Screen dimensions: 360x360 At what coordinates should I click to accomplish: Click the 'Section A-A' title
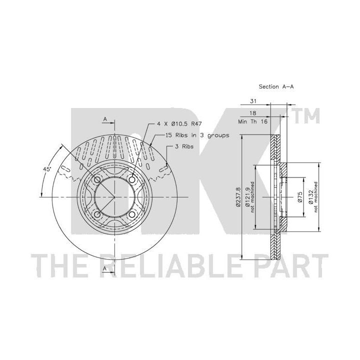coord(276,86)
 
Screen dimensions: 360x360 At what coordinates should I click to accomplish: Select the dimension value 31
coord(253,101)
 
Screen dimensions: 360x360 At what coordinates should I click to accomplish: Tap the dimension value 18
coord(253,113)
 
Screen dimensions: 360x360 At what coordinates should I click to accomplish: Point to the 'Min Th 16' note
coord(253,121)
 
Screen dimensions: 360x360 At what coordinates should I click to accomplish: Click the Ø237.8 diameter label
coord(238,197)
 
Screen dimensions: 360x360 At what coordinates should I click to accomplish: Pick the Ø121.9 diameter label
coord(247,197)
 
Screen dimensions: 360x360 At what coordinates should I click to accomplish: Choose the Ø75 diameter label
coord(300,197)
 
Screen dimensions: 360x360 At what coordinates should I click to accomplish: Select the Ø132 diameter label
coord(310,197)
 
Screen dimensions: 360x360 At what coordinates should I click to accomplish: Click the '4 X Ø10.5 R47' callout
coord(179,124)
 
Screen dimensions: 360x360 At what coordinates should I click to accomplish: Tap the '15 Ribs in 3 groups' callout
coord(197,135)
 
